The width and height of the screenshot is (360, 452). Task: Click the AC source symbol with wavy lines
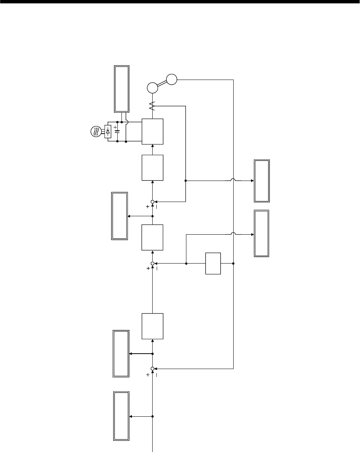coord(95,131)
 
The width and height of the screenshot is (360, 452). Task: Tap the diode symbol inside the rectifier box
coord(108,131)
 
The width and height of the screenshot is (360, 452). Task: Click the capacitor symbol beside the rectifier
coord(117,132)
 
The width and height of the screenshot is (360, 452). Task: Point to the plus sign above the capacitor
coord(115,127)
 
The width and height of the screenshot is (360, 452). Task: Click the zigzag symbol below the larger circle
coord(152,106)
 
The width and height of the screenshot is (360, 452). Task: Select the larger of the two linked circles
coord(153,88)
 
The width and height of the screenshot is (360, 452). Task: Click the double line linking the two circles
coord(162,84)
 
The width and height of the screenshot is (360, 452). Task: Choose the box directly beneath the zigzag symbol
coord(153,131)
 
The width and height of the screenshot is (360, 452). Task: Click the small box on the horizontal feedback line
coord(213,263)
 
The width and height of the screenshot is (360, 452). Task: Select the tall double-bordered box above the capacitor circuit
coord(121,89)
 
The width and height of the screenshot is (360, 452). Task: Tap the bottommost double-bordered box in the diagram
coord(121,416)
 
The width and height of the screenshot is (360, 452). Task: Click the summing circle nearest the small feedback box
coord(153,263)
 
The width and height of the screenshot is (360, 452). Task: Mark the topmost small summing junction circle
coord(153,202)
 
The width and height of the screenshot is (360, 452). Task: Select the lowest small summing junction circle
coord(153,369)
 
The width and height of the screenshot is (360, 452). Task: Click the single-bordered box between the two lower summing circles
coord(153,327)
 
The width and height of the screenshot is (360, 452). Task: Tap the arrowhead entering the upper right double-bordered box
coord(252,181)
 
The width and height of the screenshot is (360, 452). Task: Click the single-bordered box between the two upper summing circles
coord(153,237)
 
